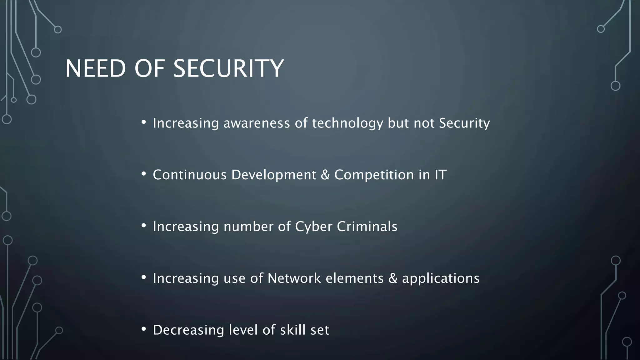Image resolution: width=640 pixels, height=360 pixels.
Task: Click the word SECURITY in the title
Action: point(228,69)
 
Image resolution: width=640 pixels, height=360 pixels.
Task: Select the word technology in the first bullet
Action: point(347,123)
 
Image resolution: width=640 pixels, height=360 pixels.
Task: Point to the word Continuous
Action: point(190,175)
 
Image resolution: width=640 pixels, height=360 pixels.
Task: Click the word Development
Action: point(274,175)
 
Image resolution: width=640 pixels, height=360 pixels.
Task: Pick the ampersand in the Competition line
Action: point(325,175)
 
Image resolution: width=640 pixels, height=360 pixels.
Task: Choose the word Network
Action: point(294,278)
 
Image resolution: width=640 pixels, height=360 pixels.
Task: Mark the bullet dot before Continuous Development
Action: point(143,174)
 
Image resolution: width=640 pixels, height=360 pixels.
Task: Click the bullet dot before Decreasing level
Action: point(143,329)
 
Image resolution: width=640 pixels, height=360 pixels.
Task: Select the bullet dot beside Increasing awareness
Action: point(143,122)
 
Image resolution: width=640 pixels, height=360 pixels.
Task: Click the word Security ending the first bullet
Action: point(464,123)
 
